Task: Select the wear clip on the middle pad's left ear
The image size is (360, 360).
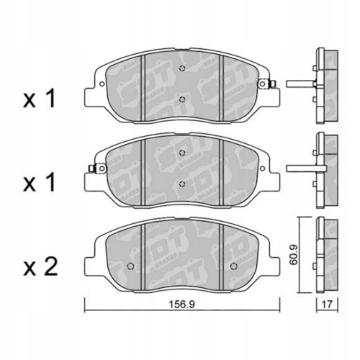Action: tap(92, 169)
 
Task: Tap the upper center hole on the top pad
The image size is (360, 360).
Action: tap(183, 69)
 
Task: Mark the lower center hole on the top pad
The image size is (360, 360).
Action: tap(183, 99)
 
